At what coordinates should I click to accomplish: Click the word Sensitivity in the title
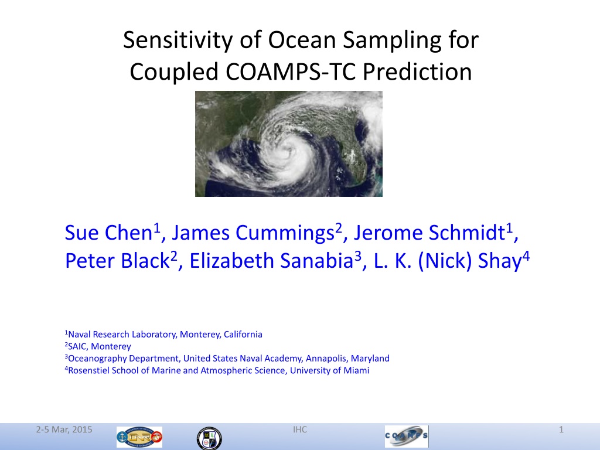(x=178, y=40)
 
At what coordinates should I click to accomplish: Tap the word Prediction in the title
(x=417, y=71)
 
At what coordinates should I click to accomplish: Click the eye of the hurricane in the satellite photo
(x=285, y=152)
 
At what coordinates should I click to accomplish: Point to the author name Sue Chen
(x=108, y=232)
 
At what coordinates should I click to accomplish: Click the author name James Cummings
(x=253, y=233)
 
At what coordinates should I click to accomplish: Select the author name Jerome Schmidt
(x=429, y=232)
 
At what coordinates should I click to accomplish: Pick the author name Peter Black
(x=117, y=261)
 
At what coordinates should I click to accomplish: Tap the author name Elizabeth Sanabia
(x=271, y=261)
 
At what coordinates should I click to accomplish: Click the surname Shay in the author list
(x=500, y=261)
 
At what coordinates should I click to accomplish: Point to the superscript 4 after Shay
(x=526, y=255)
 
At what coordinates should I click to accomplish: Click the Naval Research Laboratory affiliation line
(x=164, y=335)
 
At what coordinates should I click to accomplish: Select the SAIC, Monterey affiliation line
(x=98, y=346)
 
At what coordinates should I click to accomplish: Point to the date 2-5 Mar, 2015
(x=64, y=429)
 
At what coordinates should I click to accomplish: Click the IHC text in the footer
(x=300, y=429)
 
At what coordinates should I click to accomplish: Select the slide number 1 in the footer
(x=561, y=429)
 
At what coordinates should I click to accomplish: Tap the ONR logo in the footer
(x=139, y=437)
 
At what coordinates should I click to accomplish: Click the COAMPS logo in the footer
(x=407, y=436)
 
